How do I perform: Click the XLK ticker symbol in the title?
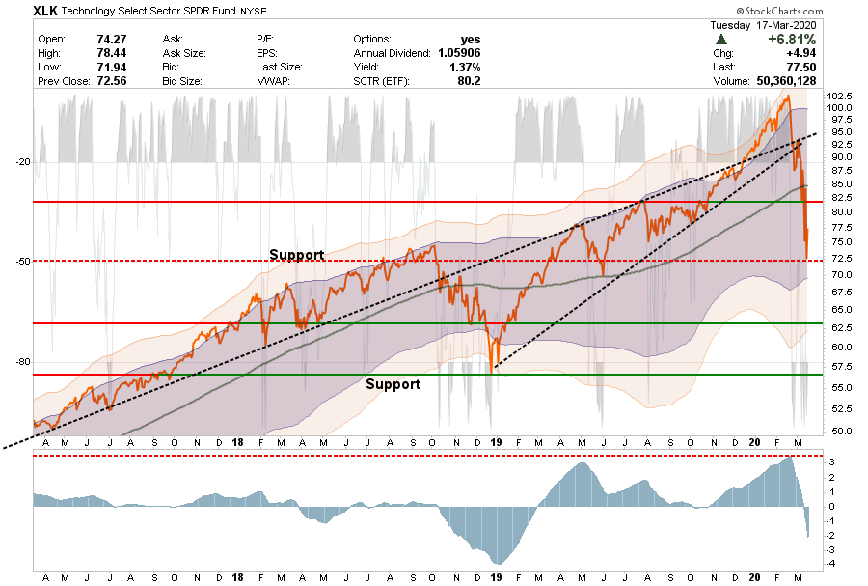(45, 11)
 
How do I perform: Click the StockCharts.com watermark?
(779, 11)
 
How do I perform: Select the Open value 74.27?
(111, 40)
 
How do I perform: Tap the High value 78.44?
(111, 53)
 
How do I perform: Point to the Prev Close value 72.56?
(111, 81)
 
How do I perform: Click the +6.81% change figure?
(792, 40)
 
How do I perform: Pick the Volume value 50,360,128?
(786, 81)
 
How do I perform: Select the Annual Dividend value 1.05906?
(459, 53)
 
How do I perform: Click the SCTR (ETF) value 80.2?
(469, 81)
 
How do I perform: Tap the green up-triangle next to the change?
(720, 40)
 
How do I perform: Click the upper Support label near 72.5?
(297, 255)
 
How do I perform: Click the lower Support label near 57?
(393, 384)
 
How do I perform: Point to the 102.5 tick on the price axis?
(839, 96)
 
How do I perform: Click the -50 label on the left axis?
(23, 261)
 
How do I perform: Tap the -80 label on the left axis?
(23, 362)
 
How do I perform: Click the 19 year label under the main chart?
(496, 442)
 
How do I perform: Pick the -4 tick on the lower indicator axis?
(831, 564)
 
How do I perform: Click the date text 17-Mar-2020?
(785, 25)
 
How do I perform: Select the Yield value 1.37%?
(465, 67)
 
